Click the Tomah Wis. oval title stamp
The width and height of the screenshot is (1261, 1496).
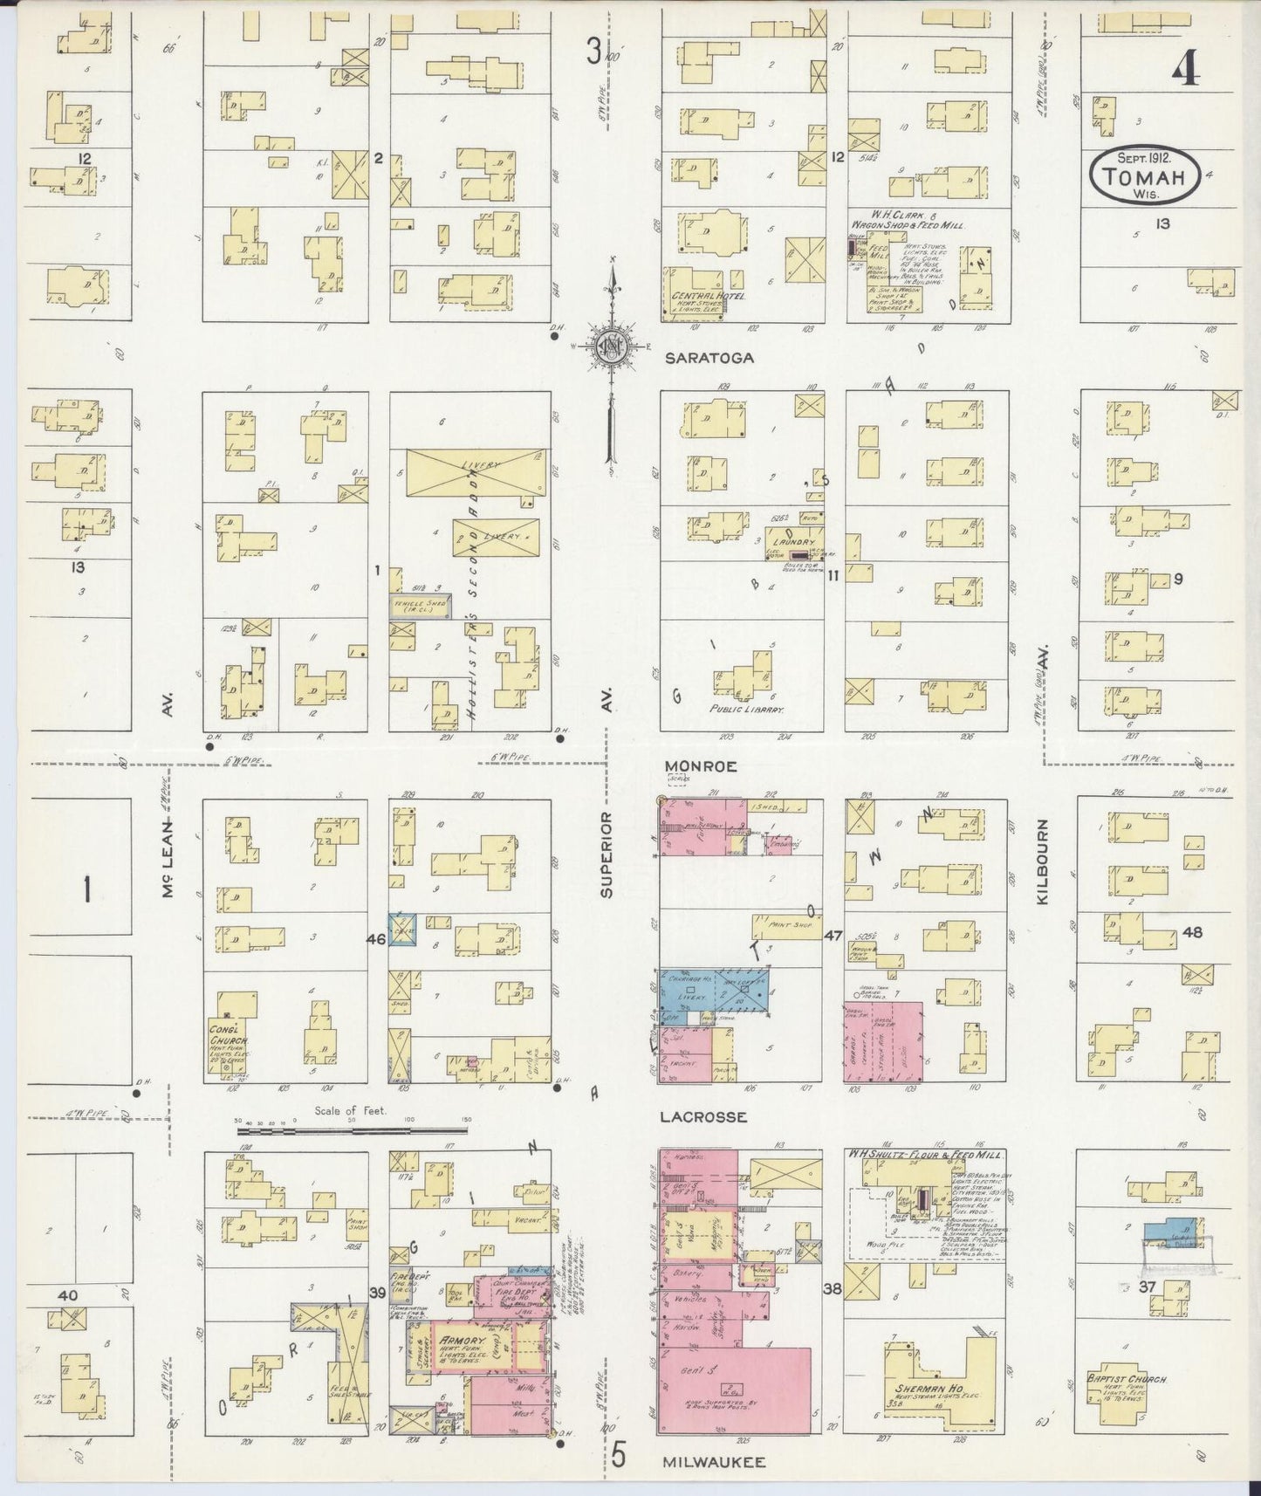coord(1144,175)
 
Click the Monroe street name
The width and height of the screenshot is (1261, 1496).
coord(701,765)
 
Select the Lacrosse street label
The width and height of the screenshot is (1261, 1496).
coord(704,1116)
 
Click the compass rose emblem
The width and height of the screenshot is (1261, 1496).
coord(611,346)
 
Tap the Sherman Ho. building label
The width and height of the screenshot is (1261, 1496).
coord(919,1386)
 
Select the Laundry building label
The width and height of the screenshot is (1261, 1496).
coord(792,542)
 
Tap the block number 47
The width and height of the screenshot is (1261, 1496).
coord(833,936)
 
